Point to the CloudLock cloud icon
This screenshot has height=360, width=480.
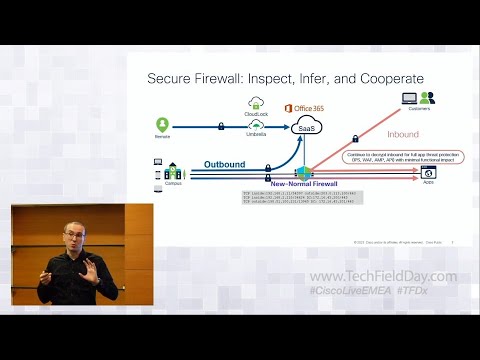point(256,101)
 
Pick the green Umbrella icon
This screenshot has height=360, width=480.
point(256,125)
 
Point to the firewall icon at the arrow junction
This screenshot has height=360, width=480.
point(309,171)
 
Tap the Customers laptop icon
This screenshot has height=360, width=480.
point(409,98)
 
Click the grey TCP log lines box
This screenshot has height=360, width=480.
point(297,197)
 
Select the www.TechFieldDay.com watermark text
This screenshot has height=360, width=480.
point(383,277)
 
